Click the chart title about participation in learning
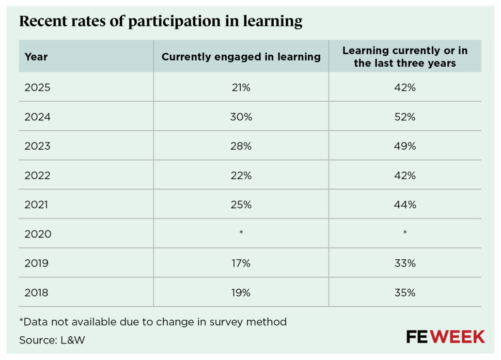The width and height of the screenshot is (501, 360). coord(161,22)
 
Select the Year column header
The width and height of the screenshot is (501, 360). coord(36,57)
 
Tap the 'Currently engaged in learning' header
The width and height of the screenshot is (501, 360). coord(241,57)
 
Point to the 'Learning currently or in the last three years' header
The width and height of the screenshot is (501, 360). coord(405,57)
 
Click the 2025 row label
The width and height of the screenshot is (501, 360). coord(38,87)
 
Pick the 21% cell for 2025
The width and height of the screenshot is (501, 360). coord(241,87)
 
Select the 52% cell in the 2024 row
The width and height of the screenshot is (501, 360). coord(405,117)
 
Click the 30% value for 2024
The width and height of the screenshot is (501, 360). coord(241,117)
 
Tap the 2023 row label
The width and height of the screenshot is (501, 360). coord(38,146)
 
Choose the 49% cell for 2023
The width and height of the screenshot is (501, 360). coord(405,146)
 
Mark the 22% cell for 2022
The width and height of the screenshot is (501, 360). coord(241,176)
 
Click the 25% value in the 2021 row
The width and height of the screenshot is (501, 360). coord(241,205)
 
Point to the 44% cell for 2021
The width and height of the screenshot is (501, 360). coord(405,205)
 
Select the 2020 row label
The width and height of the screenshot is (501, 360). coord(38,234)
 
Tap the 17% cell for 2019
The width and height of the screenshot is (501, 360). coord(241,263)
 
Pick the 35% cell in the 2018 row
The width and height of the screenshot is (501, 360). coord(405,293)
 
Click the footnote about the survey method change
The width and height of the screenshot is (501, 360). coord(153,322)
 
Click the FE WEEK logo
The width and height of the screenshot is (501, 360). coord(445,337)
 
